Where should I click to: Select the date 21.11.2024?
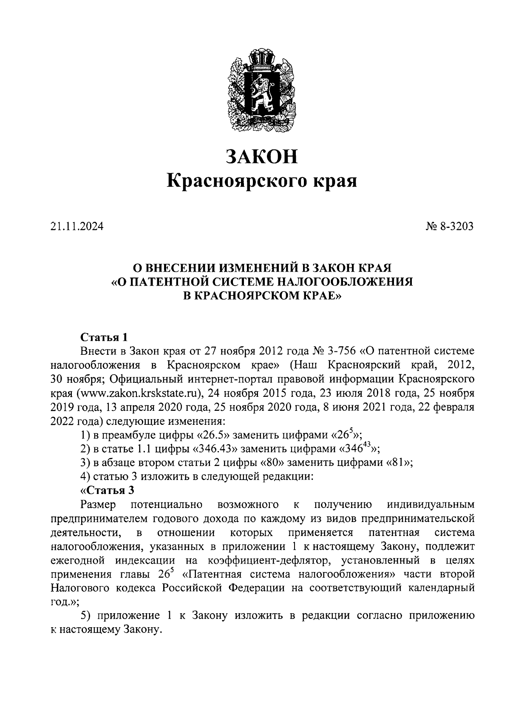click(x=76, y=227)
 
